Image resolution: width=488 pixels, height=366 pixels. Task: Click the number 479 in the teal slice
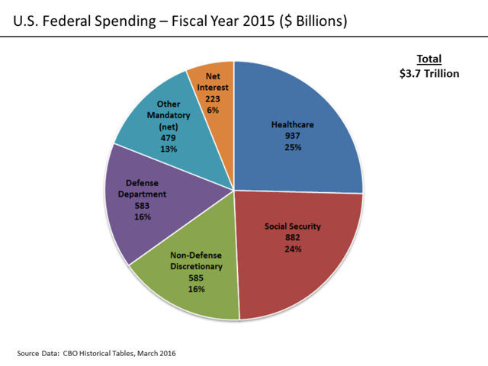(167, 138)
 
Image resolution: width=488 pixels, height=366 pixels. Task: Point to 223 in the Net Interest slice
(213, 99)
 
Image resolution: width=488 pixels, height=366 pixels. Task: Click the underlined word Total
(429, 59)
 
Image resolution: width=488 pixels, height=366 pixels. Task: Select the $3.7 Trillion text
(429, 73)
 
